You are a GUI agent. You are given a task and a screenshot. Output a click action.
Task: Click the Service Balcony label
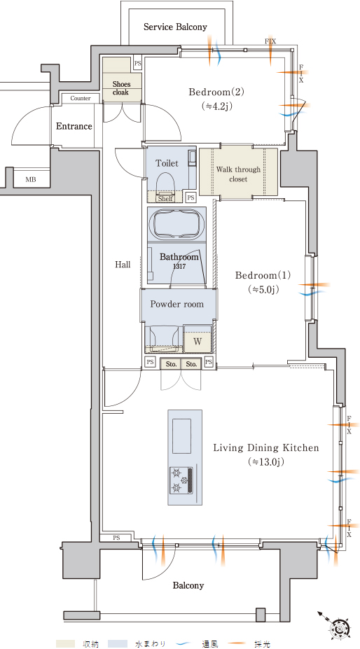coord(175,27)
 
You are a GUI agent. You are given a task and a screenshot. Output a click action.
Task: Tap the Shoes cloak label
coord(121,88)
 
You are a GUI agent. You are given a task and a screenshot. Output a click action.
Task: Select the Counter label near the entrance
coord(81,99)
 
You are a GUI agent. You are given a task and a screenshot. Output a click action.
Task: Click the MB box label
coord(31,180)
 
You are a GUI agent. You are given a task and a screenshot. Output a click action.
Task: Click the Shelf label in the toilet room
coord(166,198)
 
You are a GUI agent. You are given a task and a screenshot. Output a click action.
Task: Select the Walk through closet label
coord(238,174)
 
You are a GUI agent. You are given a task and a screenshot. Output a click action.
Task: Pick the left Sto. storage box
coord(171,364)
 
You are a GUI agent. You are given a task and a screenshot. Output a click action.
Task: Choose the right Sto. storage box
coord(191,364)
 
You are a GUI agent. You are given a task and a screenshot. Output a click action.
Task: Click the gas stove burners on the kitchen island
coord(181,480)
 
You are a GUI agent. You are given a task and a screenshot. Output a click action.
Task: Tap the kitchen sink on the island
coord(182,436)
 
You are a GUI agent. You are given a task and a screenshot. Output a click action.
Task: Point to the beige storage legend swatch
coord(65,643)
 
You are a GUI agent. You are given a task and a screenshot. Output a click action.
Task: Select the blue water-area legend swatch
coord(117,643)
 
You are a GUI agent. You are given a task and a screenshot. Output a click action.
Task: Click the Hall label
coord(123,265)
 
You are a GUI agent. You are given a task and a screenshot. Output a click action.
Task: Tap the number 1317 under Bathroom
coord(179,267)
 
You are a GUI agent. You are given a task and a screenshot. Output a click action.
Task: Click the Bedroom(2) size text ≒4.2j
coord(216,106)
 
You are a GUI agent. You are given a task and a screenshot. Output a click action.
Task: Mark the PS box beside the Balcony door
coord(116,538)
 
